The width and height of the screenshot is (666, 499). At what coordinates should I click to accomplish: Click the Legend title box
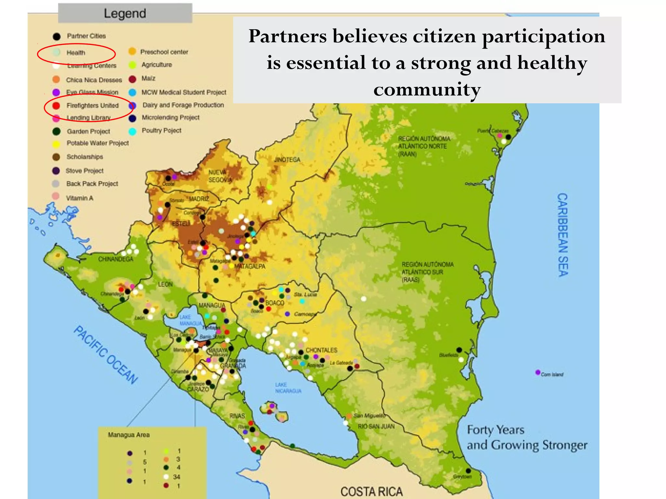[125, 13]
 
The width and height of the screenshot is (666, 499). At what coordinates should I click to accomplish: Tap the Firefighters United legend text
[92, 106]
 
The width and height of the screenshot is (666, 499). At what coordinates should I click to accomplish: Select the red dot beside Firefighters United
[56, 106]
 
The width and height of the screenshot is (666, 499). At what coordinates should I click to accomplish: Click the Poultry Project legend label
[161, 131]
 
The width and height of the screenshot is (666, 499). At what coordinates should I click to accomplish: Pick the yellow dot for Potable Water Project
[56, 144]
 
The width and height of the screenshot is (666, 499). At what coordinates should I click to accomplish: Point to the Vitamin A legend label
[79, 198]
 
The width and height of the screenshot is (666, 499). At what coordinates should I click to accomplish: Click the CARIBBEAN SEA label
[563, 235]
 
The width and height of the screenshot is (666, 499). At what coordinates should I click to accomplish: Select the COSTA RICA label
[371, 492]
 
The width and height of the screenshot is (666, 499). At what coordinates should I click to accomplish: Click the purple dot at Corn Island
[538, 372]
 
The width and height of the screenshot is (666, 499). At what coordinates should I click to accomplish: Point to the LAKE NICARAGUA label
[288, 388]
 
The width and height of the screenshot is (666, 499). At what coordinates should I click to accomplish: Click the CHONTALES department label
[321, 350]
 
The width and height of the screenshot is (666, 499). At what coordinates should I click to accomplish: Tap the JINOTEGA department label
[287, 160]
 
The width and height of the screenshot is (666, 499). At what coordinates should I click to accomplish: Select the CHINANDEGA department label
[115, 259]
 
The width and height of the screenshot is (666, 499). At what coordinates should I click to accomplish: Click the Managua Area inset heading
[129, 435]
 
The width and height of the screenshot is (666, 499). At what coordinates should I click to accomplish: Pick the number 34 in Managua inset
[177, 477]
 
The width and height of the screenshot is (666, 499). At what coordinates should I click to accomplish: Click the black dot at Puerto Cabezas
[508, 137]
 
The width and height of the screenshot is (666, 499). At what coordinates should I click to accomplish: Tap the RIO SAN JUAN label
[376, 426]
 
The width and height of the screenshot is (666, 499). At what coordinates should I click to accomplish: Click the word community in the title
[427, 89]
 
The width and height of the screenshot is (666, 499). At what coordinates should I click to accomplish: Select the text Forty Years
[496, 430]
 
